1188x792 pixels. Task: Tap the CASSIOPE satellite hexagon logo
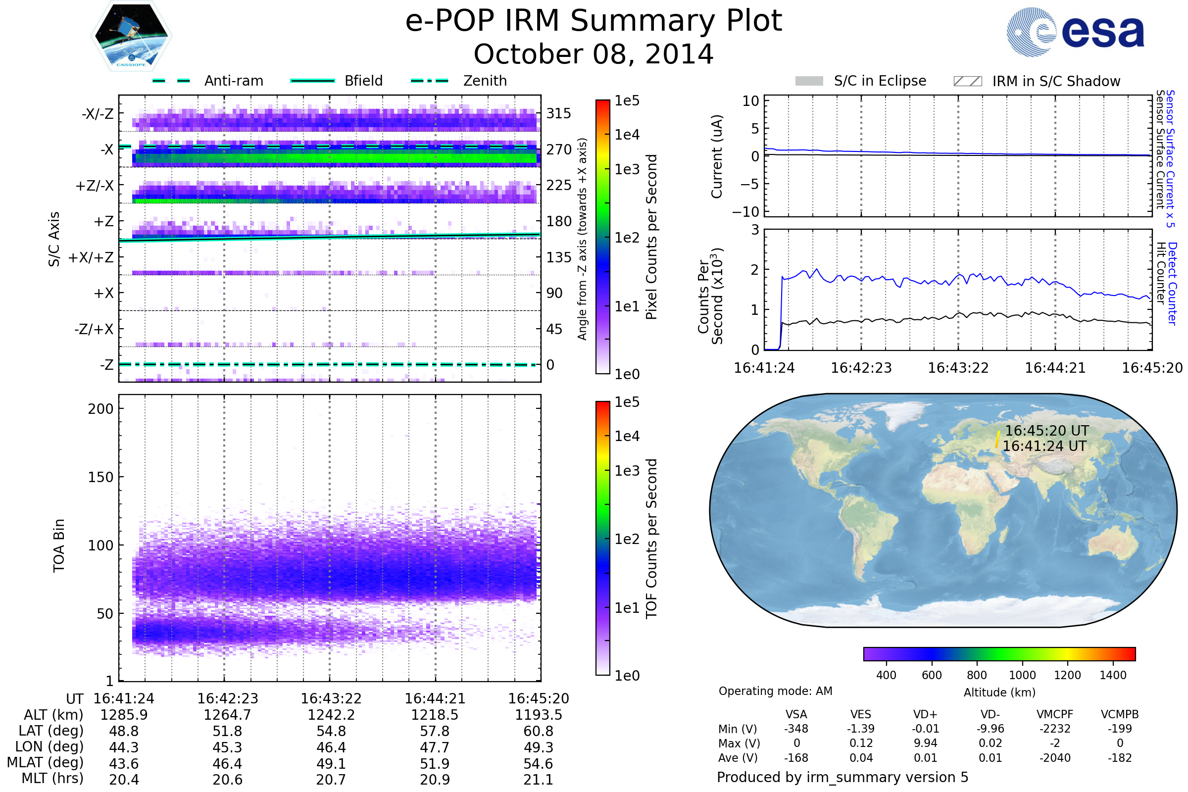pyautogui.click(x=131, y=35)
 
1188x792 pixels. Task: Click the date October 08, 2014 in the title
pyautogui.click(x=594, y=54)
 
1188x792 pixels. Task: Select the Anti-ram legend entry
pyautogui.click(x=207, y=81)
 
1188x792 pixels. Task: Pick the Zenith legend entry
pyautogui.click(x=459, y=81)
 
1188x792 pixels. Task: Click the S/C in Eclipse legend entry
pyautogui.click(x=861, y=81)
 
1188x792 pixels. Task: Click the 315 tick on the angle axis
pyautogui.click(x=559, y=113)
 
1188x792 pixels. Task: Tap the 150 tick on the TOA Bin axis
pyautogui.click(x=100, y=477)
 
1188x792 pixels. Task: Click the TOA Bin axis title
pyautogui.click(x=58, y=545)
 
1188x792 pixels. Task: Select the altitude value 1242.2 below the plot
pyautogui.click(x=331, y=715)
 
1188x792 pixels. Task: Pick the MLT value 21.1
pyautogui.click(x=539, y=779)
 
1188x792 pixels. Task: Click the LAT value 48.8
pyautogui.click(x=124, y=731)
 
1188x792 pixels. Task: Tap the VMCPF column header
pyautogui.click(x=1055, y=714)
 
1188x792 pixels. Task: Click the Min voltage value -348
pyautogui.click(x=796, y=729)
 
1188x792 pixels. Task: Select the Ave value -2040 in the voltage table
pyautogui.click(x=1055, y=758)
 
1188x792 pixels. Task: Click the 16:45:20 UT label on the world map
pyautogui.click(x=1046, y=431)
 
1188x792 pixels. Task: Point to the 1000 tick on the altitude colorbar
pyautogui.click(x=1022, y=675)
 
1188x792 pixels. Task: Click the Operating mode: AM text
pyautogui.click(x=775, y=691)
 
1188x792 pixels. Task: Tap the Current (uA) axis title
pyautogui.click(x=717, y=156)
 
